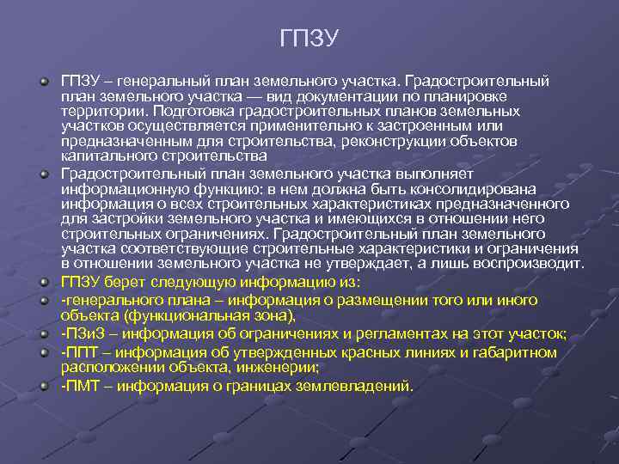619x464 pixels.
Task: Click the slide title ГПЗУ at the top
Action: click(309, 39)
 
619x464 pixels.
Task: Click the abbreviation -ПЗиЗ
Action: click(81, 333)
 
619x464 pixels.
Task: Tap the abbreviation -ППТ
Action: click(80, 352)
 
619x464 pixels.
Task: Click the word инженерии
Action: click(284, 368)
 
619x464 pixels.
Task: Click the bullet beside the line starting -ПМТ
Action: click(42, 384)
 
